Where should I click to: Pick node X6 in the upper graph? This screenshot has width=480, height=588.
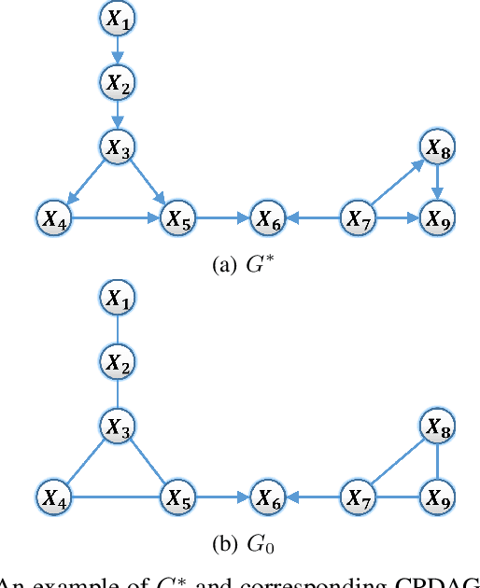pyautogui.click(x=269, y=219)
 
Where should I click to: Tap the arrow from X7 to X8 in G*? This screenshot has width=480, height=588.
pyautogui.click(x=395, y=184)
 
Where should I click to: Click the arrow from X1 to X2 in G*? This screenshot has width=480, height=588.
pyautogui.click(x=117, y=48)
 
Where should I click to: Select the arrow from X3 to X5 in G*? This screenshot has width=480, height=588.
pyautogui.click(x=148, y=183)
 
